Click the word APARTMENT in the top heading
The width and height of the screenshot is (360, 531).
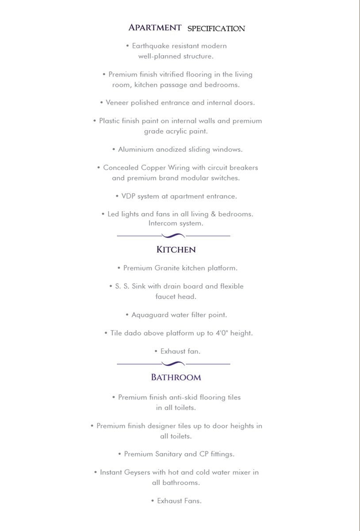(155, 27)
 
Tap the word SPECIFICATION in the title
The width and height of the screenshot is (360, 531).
(216, 28)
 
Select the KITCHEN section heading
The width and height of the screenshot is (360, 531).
(176, 250)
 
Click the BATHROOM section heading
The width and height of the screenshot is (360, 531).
(176, 377)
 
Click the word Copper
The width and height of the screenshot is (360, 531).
(152, 168)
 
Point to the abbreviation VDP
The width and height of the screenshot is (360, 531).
(128, 196)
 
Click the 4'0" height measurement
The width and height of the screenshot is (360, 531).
(223, 333)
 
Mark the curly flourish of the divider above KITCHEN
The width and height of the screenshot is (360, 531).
(173, 236)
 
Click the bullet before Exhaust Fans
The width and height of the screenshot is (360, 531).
(153, 501)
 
